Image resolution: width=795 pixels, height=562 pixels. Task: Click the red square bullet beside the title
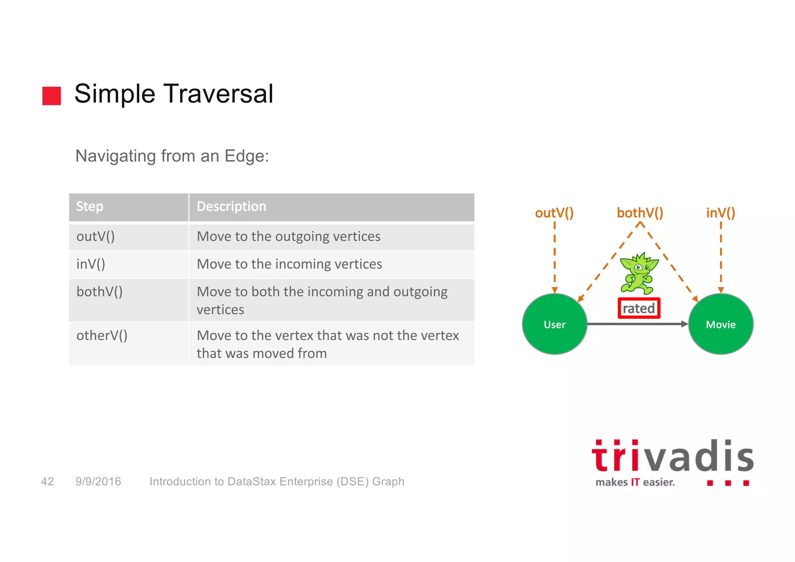coord(52,96)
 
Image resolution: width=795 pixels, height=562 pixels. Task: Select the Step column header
coord(90,207)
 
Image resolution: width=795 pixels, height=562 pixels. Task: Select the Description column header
coord(231,207)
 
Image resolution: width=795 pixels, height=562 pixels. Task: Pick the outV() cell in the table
coord(95,237)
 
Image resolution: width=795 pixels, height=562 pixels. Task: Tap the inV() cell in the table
coord(91,264)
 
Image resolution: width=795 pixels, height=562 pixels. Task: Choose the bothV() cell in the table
coord(99,292)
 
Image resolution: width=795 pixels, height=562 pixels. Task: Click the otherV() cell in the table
coord(102,336)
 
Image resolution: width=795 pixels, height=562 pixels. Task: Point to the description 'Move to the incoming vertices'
coord(289,264)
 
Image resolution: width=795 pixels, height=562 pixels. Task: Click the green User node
coord(554,324)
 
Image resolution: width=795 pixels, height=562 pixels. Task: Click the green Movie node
coord(720,324)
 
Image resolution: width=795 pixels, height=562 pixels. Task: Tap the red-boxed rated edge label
coord(639,308)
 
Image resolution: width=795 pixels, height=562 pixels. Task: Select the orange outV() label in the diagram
coord(554,213)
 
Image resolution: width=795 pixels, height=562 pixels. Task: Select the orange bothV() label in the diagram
coord(640,213)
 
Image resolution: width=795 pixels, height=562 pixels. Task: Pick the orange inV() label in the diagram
coord(720,213)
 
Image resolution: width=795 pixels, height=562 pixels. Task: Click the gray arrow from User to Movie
coord(637,324)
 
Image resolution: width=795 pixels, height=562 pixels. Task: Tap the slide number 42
coord(47,482)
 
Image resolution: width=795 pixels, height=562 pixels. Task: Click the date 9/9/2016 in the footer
coord(98,482)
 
